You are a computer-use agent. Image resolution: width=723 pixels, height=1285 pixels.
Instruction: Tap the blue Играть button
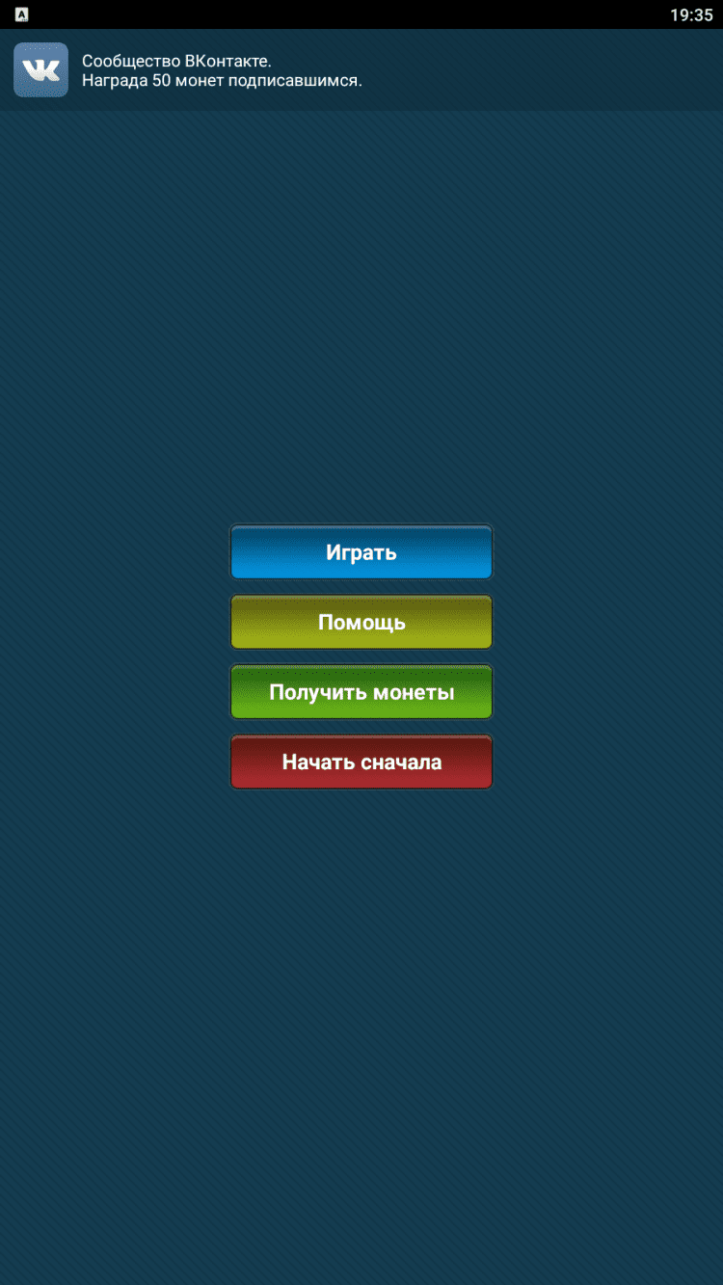(x=361, y=551)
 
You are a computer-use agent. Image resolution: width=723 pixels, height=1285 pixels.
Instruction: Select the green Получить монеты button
(x=361, y=692)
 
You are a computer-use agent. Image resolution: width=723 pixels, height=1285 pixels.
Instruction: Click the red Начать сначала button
(x=361, y=762)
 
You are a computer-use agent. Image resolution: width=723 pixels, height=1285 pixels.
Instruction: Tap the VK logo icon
(x=40, y=70)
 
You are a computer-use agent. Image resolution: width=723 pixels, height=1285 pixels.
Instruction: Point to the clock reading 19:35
(x=691, y=14)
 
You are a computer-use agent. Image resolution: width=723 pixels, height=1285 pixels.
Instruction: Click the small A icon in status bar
(x=21, y=14)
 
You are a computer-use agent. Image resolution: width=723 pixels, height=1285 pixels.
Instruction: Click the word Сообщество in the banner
(x=131, y=61)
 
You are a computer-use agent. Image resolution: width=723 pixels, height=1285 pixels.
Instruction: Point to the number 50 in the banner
(x=161, y=80)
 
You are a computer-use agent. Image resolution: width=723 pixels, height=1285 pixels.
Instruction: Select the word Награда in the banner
(x=115, y=80)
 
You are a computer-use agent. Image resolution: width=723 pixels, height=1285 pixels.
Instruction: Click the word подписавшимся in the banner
(x=295, y=81)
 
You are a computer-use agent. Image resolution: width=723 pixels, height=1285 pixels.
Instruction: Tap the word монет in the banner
(x=200, y=81)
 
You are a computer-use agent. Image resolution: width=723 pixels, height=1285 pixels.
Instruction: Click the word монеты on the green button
(x=414, y=692)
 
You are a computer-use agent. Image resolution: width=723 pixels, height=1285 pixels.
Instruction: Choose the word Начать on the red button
(x=318, y=762)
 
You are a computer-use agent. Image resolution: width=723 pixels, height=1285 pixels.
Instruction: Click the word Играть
(x=361, y=552)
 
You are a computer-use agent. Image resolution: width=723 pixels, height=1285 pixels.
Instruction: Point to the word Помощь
(x=362, y=623)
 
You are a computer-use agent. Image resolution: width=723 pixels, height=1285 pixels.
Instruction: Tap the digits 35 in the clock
(x=703, y=14)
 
